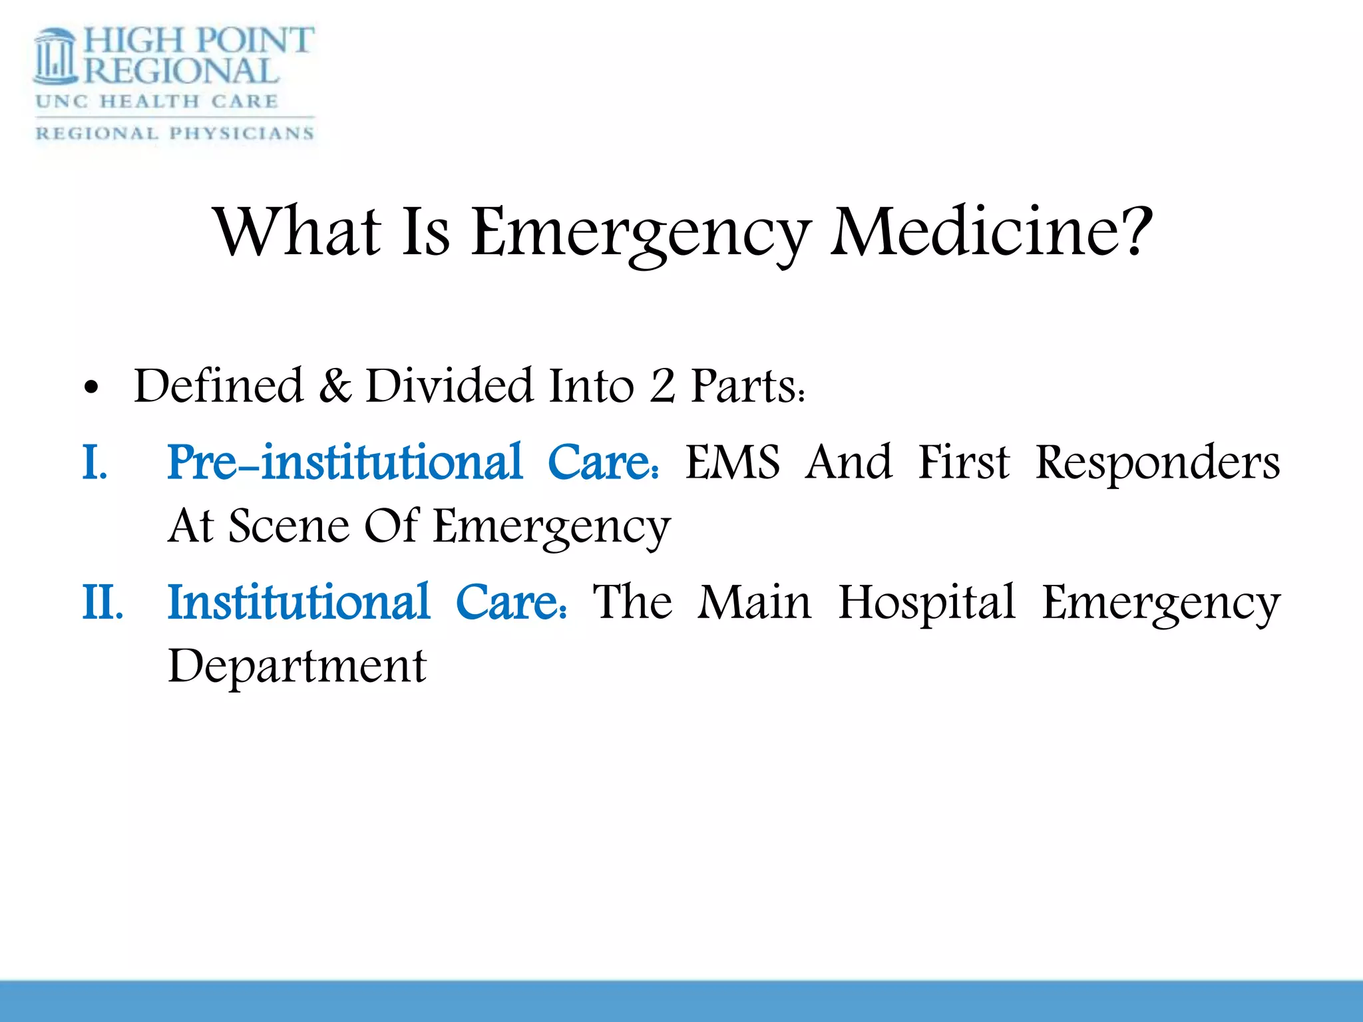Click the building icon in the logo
pyautogui.click(x=57, y=57)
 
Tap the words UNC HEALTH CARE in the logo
pyautogui.click(x=157, y=102)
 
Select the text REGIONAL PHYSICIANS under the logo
pyautogui.click(x=174, y=133)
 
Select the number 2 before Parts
pyautogui.click(x=662, y=386)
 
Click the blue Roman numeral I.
pyautogui.click(x=94, y=462)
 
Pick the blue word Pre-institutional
pyautogui.click(x=345, y=462)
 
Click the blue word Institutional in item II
pyautogui.click(x=299, y=602)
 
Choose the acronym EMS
pyautogui.click(x=733, y=462)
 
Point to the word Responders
pyautogui.click(x=1157, y=463)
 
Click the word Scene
pyautogui.click(x=289, y=526)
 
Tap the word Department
pyautogui.click(x=297, y=666)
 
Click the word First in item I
pyautogui.click(x=963, y=462)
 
